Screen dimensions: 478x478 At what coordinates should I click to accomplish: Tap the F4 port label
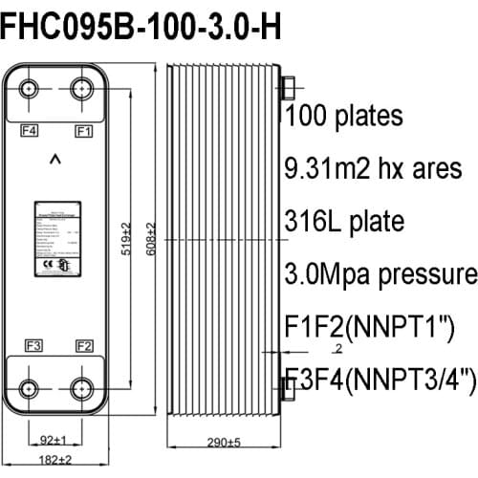tap(30, 128)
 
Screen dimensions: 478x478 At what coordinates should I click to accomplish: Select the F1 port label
tap(83, 128)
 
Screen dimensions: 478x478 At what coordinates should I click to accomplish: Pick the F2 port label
tap(83, 345)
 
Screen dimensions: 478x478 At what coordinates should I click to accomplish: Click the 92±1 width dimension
tap(55, 441)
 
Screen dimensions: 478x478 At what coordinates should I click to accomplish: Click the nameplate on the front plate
tap(57, 236)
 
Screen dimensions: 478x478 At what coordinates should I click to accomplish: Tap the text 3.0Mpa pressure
tap(380, 274)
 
